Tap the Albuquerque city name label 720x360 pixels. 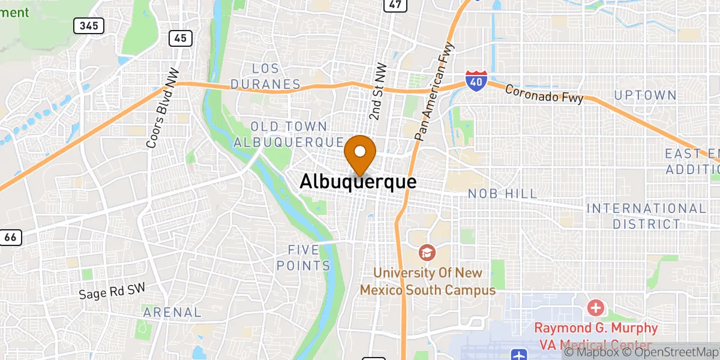coord(358,181)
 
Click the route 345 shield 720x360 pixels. coord(89,26)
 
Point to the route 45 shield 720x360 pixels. coord(180,38)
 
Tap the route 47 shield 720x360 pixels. coord(394,4)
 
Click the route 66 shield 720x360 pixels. coord(10,237)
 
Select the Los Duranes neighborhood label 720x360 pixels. coord(266,76)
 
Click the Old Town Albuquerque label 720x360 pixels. coord(289,134)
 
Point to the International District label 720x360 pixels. coord(646,216)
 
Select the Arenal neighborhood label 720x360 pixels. coord(172,312)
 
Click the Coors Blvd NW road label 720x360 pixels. coord(159,116)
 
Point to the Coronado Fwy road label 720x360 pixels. coord(544,94)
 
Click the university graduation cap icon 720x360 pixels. coord(427,253)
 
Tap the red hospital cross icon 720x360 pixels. coord(596,308)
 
